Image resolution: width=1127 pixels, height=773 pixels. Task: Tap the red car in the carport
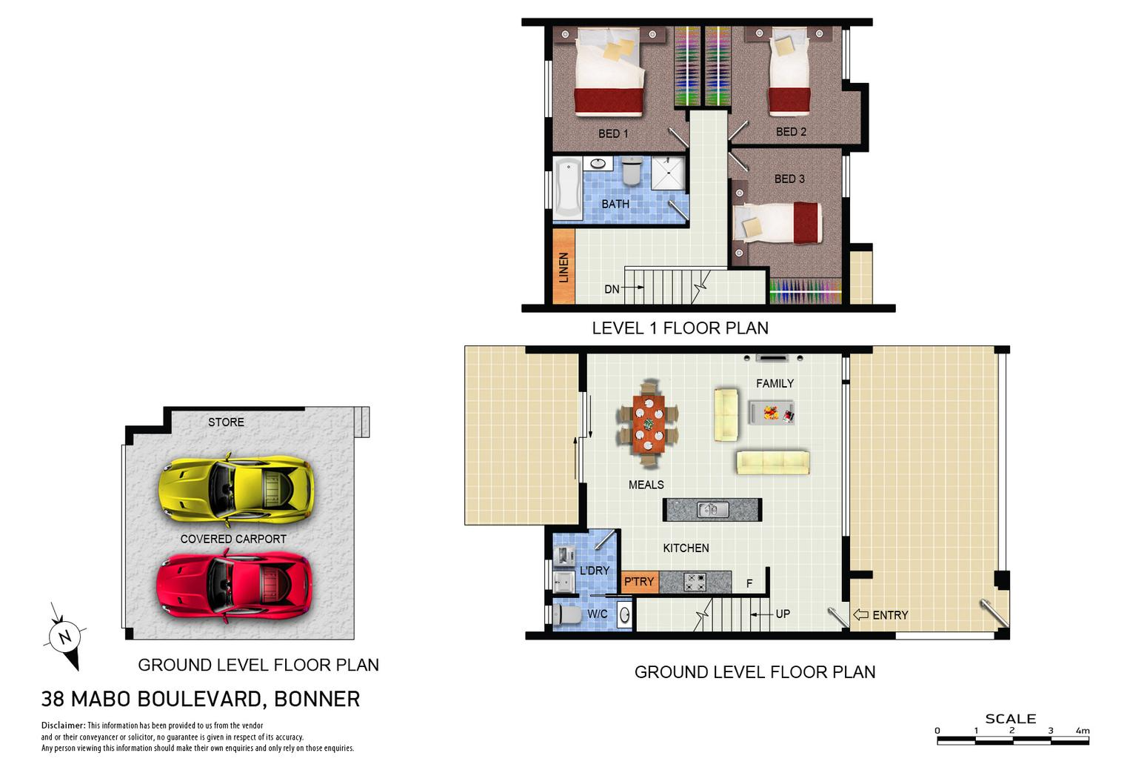pyautogui.click(x=234, y=585)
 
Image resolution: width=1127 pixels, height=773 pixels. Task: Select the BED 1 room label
pyautogui.click(x=613, y=133)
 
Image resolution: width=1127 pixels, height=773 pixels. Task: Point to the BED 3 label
pyautogui.click(x=789, y=179)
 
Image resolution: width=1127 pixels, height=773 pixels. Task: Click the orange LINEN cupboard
pyautogui.click(x=563, y=266)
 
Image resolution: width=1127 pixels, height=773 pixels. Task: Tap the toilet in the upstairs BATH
pyautogui.click(x=632, y=170)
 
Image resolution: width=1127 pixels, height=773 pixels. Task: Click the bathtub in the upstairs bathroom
pyautogui.click(x=567, y=188)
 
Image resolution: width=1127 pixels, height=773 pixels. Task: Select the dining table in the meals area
pyautogui.click(x=649, y=423)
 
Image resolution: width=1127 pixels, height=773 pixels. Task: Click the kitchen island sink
pyautogui.click(x=712, y=510)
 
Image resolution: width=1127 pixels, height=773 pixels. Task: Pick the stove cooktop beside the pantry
pyautogui.click(x=695, y=582)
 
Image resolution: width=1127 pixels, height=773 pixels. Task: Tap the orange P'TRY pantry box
pyautogui.click(x=640, y=582)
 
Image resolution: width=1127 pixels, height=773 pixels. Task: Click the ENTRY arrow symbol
pyautogui.click(x=861, y=614)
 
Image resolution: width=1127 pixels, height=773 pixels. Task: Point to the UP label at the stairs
pyautogui.click(x=783, y=614)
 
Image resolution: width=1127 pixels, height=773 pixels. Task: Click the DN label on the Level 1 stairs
pyautogui.click(x=612, y=289)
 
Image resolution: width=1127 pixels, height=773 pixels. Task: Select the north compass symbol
pyautogui.click(x=65, y=637)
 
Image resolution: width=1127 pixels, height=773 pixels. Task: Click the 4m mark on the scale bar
pyautogui.click(x=1083, y=730)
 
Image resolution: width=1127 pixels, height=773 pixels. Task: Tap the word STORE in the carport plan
pyautogui.click(x=226, y=422)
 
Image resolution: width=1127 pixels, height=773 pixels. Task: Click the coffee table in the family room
pyautogui.click(x=772, y=412)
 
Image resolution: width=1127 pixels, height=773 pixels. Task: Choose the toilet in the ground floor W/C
pyautogui.click(x=565, y=614)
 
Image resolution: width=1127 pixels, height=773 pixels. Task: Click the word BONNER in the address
pyautogui.click(x=317, y=699)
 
